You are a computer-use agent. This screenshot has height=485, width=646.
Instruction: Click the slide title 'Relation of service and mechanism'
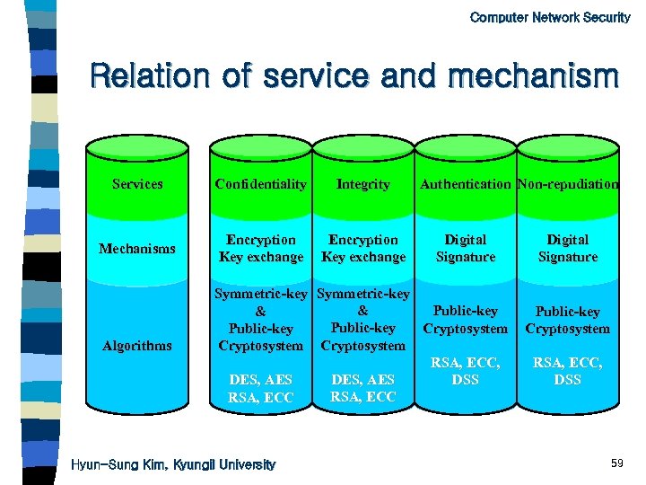(354, 75)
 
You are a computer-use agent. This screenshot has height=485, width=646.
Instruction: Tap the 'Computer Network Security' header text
(550, 17)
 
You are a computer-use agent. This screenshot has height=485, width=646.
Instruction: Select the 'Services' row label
(137, 184)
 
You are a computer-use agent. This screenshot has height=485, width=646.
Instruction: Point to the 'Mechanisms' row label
(137, 249)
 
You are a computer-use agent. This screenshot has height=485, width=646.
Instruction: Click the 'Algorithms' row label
(137, 346)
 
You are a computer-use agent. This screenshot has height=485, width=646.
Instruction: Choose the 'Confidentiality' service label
(261, 184)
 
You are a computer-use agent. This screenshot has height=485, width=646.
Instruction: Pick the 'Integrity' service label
(363, 184)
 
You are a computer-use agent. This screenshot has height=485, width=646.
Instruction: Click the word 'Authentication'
(466, 184)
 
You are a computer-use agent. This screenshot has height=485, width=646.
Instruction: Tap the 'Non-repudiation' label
(568, 184)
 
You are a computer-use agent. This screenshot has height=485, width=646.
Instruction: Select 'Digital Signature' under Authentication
(466, 249)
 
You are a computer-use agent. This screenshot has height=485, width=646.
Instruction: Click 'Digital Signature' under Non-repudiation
(568, 249)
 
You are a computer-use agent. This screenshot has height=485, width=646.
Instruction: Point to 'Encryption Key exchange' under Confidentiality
(261, 249)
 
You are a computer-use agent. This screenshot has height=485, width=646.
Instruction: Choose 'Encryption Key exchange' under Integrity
(363, 249)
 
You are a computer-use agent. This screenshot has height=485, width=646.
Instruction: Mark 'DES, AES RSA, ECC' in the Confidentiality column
(261, 389)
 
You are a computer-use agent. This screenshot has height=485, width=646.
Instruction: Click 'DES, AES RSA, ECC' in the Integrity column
(363, 388)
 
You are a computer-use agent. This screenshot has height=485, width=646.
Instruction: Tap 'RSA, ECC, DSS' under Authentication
(466, 371)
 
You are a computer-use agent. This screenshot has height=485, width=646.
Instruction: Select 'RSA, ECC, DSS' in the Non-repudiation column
(568, 371)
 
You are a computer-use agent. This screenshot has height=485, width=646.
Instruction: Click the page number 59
(616, 463)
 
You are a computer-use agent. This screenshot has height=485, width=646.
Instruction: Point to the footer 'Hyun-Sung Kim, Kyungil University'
(173, 464)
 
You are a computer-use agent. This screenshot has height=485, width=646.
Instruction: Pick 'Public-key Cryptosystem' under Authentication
(466, 320)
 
